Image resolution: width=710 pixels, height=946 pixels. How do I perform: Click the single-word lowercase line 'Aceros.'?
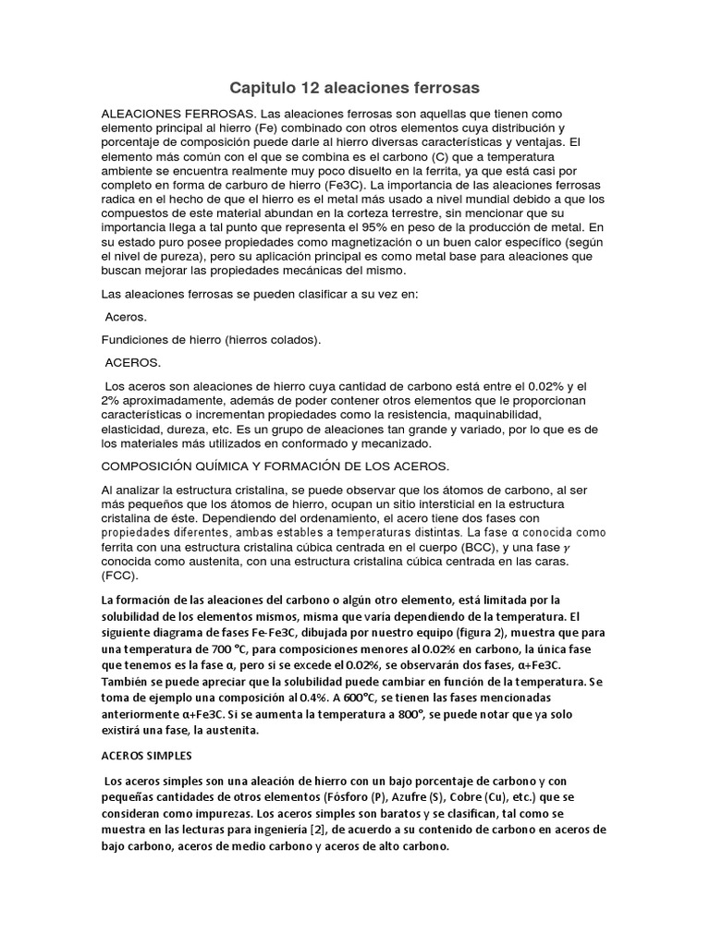tap(127, 317)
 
